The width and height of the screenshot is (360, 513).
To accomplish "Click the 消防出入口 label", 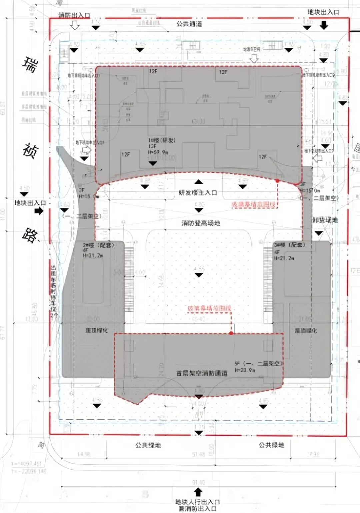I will (x=74, y=15).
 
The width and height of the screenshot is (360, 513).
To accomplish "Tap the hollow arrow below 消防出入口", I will (x=75, y=25).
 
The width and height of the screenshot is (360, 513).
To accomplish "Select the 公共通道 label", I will (x=189, y=24).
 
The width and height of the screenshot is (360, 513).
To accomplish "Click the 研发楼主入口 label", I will (x=198, y=193).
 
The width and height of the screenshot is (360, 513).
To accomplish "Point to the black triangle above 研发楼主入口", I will (x=199, y=182).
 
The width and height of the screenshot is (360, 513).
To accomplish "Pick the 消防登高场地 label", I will (x=201, y=223).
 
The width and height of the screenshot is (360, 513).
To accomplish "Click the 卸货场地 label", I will (x=325, y=220).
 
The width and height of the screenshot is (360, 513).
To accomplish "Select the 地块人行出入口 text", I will (x=197, y=502).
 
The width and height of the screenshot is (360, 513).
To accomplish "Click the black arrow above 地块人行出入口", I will (x=198, y=492).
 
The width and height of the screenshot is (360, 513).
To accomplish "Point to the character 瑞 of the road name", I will (x=30, y=65).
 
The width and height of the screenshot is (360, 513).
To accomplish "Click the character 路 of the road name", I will (x=30, y=235).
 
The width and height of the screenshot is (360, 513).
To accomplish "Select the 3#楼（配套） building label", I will (x=289, y=245).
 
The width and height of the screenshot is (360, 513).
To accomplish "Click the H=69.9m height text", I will (x=158, y=152).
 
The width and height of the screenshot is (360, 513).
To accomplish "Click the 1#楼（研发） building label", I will (x=162, y=140).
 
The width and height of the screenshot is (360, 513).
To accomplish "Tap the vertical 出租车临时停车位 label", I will (x=53, y=291).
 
